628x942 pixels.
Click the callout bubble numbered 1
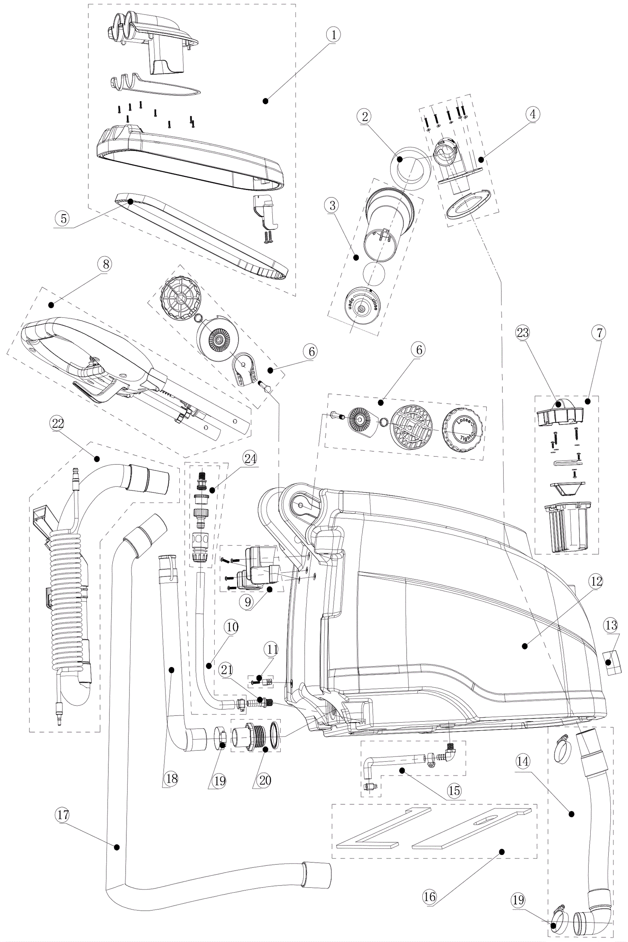click(x=333, y=35)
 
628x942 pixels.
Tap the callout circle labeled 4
click(x=532, y=115)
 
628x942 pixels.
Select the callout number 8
click(x=105, y=264)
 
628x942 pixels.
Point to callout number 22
click(x=57, y=424)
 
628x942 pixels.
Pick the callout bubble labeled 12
click(x=596, y=581)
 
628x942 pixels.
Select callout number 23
click(x=523, y=333)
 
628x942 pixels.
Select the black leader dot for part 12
click(x=525, y=646)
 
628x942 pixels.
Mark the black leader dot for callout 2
click(x=400, y=159)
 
